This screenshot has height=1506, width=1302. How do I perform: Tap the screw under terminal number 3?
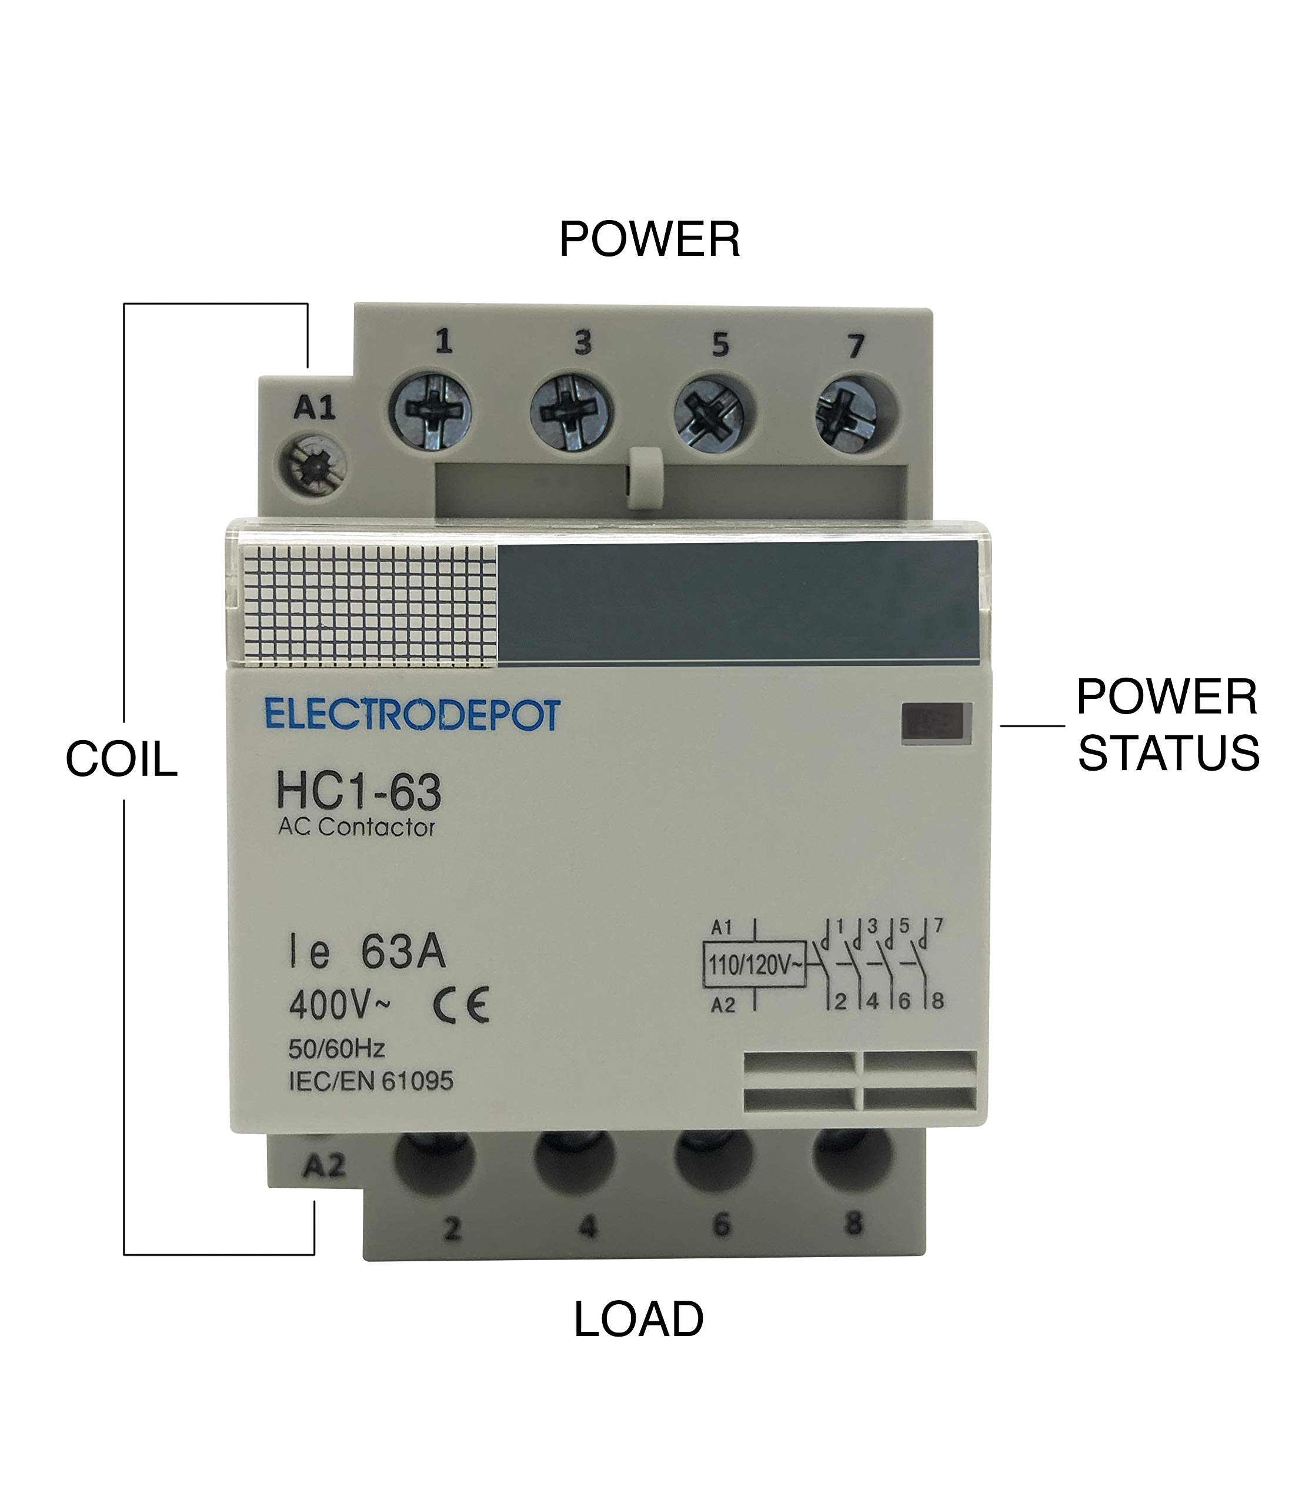pos(571,414)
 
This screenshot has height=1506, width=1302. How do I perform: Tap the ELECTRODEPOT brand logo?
pos(413,715)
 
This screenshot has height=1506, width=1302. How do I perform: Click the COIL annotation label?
pos(121,759)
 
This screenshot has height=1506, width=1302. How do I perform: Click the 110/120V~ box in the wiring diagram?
pos(754,965)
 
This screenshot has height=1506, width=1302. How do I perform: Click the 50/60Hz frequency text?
pos(336,1049)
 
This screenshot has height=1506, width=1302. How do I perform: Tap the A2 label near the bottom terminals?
pos(324,1167)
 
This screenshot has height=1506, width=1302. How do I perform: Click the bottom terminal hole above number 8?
pos(852,1160)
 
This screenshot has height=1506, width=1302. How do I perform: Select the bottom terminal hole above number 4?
pos(574,1160)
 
